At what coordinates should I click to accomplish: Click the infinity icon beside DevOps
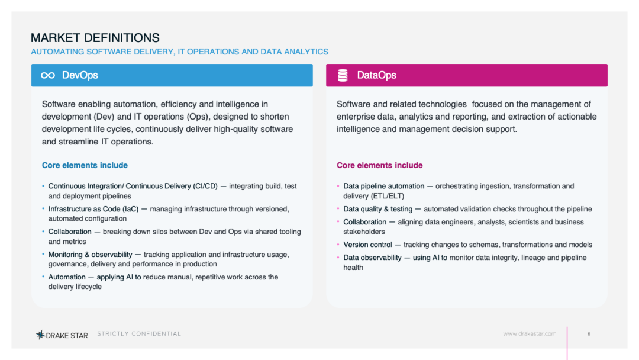click(48, 75)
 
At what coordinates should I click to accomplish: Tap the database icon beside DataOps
click(343, 75)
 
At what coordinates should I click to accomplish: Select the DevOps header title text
click(80, 75)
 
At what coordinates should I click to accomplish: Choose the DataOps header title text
click(376, 75)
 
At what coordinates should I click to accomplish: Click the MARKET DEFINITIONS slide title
click(95, 38)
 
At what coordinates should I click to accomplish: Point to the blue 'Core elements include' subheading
click(85, 165)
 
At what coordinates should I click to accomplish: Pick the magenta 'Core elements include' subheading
click(379, 165)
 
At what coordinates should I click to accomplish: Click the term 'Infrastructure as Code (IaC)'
click(93, 209)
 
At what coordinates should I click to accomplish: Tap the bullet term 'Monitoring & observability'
click(91, 255)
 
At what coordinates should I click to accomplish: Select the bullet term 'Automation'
click(67, 277)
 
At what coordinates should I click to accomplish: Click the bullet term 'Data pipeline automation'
click(383, 187)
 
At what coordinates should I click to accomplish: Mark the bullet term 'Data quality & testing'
click(377, 209)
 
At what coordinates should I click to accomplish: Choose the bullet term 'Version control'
click(367, 245)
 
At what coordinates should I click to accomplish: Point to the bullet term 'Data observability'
click(372, 258)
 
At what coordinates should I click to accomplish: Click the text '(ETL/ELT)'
click(388, 196)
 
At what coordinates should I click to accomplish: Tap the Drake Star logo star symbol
click(40, 335)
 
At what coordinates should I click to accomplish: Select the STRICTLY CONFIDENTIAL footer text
click(139, 333)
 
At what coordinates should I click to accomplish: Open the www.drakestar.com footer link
click(530, 333)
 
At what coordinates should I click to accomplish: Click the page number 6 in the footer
click(589, 334)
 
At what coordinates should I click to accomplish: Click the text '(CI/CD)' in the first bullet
click(205, 187)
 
